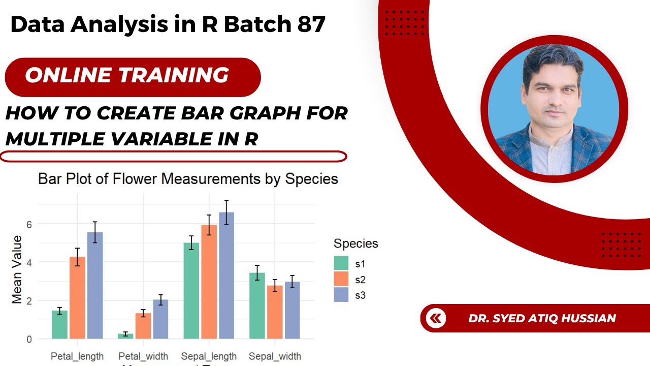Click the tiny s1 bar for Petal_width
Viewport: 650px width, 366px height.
pos(125,336)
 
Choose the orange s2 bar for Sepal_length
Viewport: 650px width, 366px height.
pos(209,282)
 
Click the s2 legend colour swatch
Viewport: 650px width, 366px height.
pos(341,279)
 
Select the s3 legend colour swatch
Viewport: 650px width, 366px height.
pos(341,295)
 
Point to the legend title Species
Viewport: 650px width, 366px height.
pos(355,243)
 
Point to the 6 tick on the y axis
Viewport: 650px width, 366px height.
pos(29,224)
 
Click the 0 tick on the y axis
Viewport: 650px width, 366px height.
pos(29,339)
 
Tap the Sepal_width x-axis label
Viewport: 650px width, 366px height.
pos(275,356)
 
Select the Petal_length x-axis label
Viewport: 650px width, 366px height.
pos(77,356)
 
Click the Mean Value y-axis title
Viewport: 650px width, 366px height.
pos(17,269)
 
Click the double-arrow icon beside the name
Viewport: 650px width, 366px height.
pos(436,318)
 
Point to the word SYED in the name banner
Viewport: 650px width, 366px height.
pos(508,318)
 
